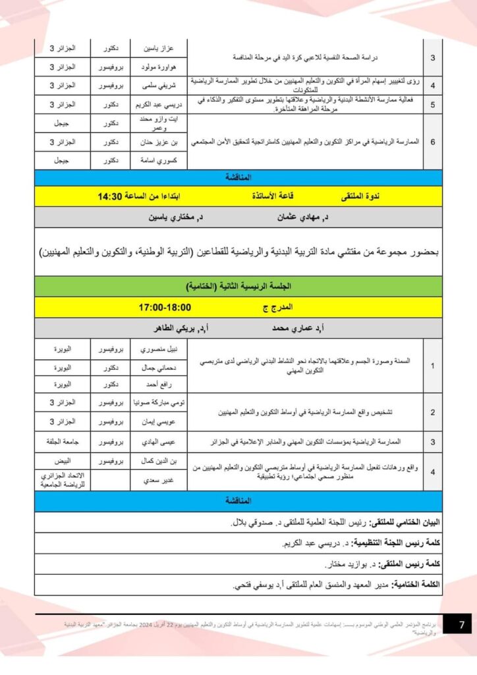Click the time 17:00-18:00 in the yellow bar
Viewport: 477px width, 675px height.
(x=165, y=307)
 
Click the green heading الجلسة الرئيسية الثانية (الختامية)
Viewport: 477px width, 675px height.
(x=238, y=287)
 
